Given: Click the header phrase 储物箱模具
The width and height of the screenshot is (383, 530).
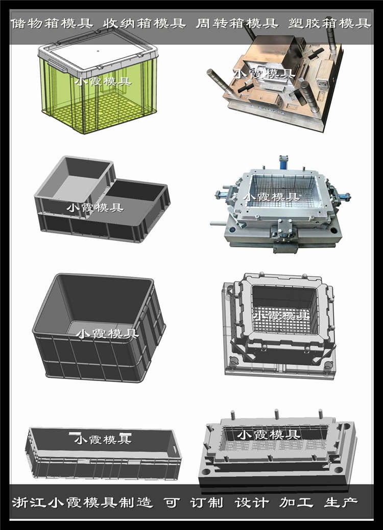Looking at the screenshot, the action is (52, 23).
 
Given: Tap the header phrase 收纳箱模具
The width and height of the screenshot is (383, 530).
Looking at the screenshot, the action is (145, 23).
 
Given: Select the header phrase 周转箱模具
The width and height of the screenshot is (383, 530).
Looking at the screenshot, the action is (237, 23).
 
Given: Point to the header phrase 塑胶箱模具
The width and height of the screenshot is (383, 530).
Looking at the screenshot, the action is (330, 23).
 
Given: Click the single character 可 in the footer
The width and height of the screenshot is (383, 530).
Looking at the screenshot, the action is (172, 502).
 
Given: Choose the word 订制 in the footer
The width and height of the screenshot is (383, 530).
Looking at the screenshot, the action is (207, 502).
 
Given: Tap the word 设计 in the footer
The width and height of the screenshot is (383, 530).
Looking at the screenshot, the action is (252, 502).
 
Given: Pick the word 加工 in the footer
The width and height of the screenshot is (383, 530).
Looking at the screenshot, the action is (296, 502).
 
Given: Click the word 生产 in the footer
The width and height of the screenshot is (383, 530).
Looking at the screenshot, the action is (341, 502).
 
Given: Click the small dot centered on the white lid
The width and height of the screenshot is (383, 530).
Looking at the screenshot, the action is (98, 52).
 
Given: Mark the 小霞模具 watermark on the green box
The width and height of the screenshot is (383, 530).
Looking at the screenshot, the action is (103, 82).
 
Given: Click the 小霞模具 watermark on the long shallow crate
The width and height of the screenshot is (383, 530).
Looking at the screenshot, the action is (103, 439).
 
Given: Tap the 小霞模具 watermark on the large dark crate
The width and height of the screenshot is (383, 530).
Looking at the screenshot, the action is (107, 334).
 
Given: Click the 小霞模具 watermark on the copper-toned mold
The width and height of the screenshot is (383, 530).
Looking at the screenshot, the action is (264, 73).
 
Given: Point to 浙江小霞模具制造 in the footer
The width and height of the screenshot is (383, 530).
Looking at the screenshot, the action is (82, 502).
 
